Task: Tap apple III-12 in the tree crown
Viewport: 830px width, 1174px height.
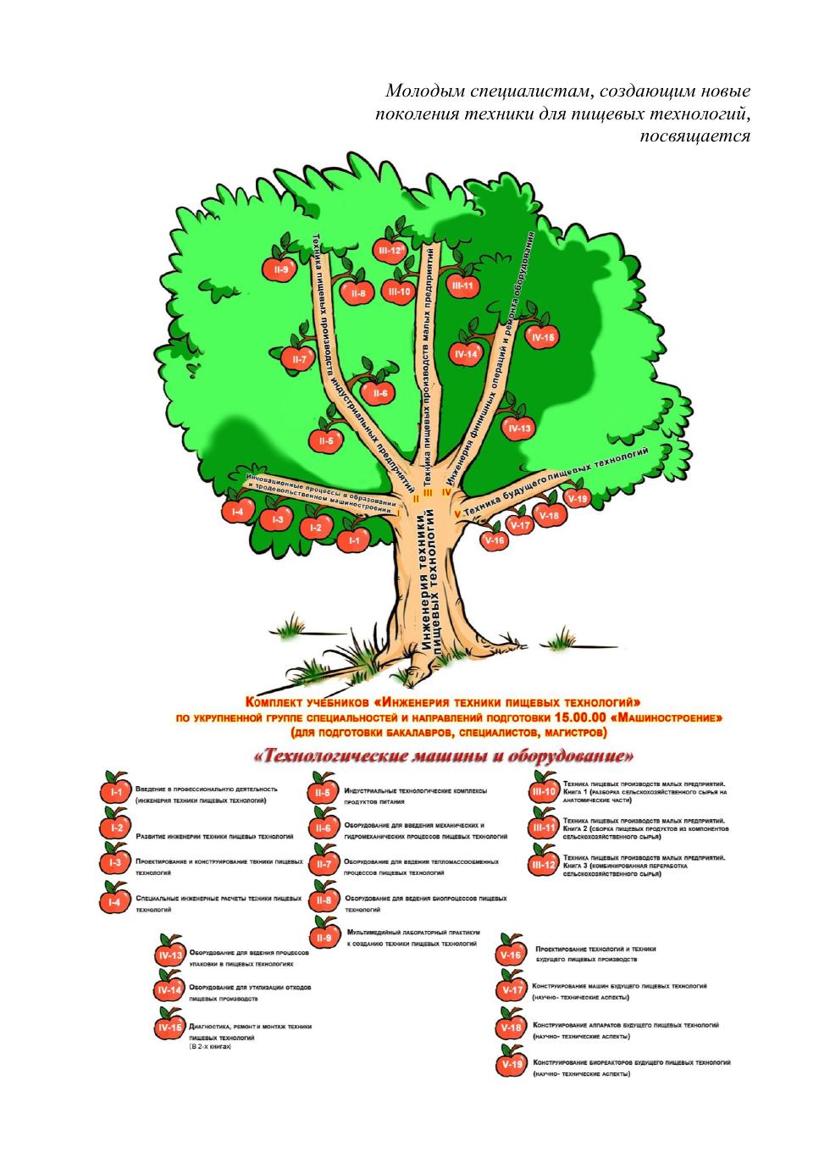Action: point(390,250)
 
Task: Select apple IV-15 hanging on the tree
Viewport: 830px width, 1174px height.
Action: point(542,338)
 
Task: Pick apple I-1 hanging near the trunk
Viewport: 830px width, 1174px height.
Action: point(353,540)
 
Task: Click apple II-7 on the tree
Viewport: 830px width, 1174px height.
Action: point(298,360)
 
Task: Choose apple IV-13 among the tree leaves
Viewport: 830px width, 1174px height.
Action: point(519,429)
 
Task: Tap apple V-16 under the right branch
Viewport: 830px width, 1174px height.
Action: point(495,540)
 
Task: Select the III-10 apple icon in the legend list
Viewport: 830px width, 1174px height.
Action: point(543,793)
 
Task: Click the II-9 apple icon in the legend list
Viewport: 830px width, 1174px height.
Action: point(323,938)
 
